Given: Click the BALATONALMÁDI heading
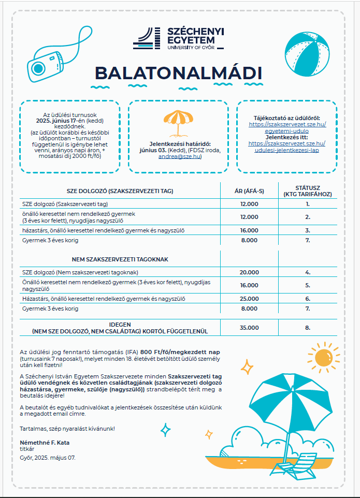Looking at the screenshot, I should pos(179,74).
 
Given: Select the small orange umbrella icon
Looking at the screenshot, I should pos(178,122).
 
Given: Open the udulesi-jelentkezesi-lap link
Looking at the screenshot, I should pos(286,150).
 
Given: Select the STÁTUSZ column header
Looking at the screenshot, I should pos(307,191).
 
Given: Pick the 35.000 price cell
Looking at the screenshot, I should pos(249,328).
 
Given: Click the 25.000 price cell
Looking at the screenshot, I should pos(249,299).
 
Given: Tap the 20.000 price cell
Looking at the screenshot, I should pos(249,272).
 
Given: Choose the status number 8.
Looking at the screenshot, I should pos(307,328).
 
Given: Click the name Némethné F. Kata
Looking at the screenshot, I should pos(44,443).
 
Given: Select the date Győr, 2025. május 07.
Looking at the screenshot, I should pos(48,458).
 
